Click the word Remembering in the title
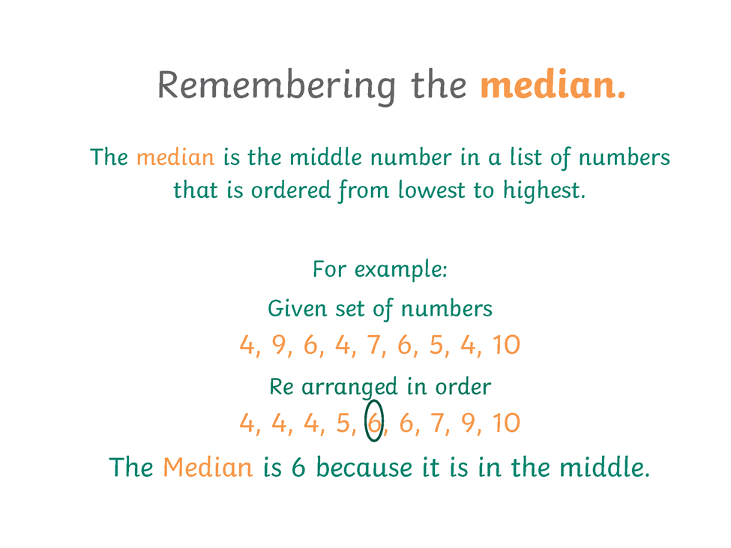277,86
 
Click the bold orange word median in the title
553,85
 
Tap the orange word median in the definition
175,157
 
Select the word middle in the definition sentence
325,157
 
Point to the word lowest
432,190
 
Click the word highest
544,190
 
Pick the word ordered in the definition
290,190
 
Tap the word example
400,270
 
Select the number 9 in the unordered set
279,345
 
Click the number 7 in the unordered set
374,345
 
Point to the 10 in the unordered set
506,345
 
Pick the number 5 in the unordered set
436,345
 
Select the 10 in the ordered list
506,423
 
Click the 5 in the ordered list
343,423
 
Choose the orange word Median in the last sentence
208,467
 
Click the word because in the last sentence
364,467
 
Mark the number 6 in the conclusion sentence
298,467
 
